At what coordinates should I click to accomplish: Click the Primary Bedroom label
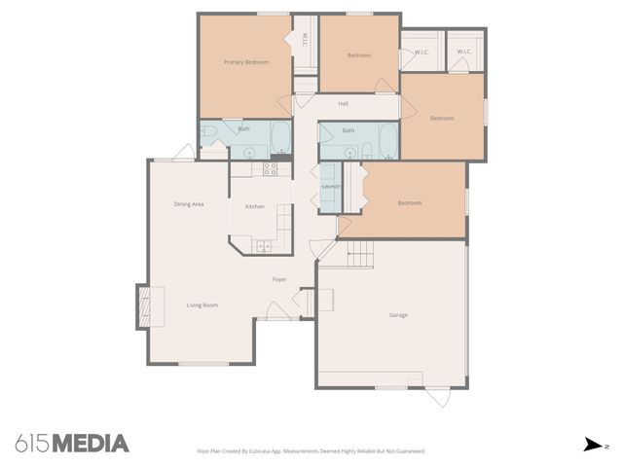click(245, 62)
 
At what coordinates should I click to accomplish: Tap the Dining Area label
click(188, 204)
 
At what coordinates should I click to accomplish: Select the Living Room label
click(202, 305)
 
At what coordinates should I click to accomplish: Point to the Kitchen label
click(254, 206)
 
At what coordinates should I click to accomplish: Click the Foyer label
click(279, 280)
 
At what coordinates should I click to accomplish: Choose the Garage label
click(398, 315)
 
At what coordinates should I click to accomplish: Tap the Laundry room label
click(330, 185)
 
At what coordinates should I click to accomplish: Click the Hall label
click(343, 103)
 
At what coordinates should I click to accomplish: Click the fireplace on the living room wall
click(142, 305)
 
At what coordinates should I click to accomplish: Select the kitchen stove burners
click(271, 169)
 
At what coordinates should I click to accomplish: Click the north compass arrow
click(593, 445)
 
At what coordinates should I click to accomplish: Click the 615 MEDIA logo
click(72, 444)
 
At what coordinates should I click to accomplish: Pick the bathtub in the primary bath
click(279, 137)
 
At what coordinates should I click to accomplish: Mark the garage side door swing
click(437, 397)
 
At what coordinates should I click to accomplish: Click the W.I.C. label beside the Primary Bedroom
click(305, 40)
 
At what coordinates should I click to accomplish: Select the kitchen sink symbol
click(265, 245)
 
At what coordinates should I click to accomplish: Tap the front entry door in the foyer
click(278, 311)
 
